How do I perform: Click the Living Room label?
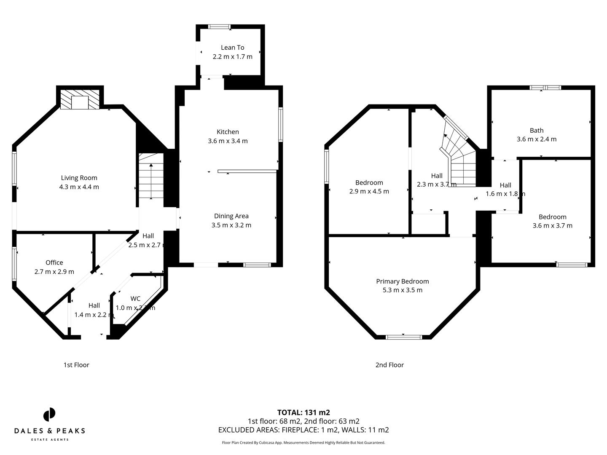click(x=79, y=178)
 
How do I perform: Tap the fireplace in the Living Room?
click(x=80, y=99)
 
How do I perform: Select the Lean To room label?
click(x=232, y=48)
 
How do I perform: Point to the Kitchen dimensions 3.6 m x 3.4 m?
click(x=228, y=141)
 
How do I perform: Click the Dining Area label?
click(x=231, y=216)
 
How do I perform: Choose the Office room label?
click(x=54, y=262)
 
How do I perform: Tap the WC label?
click(x=135, y=299)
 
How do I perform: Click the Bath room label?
click(x=537, y=131)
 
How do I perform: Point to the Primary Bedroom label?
click(x=402, y=281)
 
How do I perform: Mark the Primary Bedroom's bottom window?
click(x=404, y=337)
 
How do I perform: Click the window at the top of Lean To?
click(x=219, y=27)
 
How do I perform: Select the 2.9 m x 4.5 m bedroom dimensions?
click(x=369, y=191)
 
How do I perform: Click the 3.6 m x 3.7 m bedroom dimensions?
click(x=552, y=225)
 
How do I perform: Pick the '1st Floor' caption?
click(x=76, y=365)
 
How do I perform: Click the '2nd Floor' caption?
click(x=389, y=365)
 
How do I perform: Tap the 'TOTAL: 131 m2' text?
click(x=303, y=412)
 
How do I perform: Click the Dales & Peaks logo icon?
click(x=49, y=414)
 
